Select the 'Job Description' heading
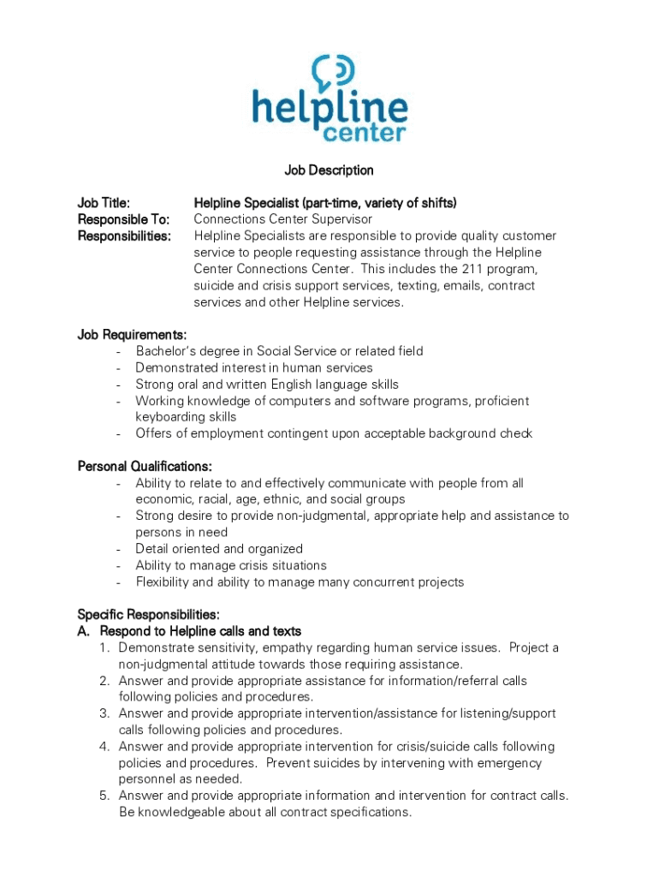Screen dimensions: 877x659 point(329,170)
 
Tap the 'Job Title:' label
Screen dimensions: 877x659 point(104,203)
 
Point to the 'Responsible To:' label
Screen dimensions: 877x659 point(123,219)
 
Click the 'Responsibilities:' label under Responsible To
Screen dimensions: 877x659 point(124,236)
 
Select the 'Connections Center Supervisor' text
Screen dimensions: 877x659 point(283,219)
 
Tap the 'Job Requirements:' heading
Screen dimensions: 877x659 point(132,335)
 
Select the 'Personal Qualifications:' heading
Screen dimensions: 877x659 point(145,467)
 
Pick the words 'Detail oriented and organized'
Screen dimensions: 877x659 point(219,549)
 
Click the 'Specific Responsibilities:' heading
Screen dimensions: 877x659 point(148,615)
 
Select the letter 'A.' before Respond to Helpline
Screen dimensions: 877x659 point(84,631)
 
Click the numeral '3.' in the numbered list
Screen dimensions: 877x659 point(104,713)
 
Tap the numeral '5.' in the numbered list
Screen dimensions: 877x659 point(104,796)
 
